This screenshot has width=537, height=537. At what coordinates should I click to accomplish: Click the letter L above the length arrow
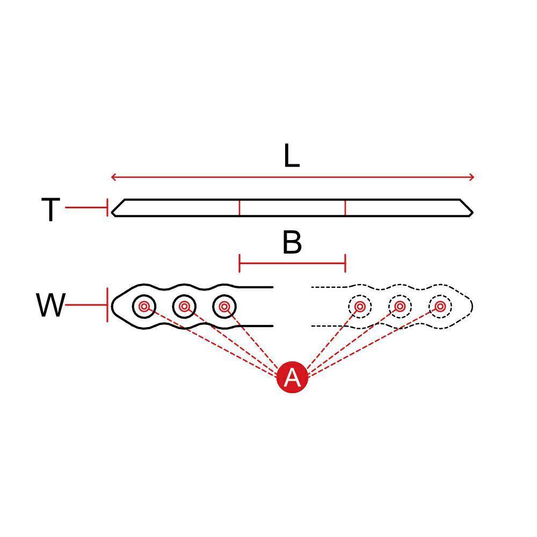(x=292, y=156)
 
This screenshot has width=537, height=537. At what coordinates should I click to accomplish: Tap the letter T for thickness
(x=50, y=209)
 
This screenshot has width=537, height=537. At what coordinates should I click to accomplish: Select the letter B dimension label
(x=292, y=243)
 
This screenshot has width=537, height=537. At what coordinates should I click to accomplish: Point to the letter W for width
(x=50, y=305)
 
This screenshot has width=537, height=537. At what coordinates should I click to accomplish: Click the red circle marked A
(x=292, y=377)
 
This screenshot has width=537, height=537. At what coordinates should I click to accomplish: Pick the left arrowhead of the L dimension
(x=114, y=177)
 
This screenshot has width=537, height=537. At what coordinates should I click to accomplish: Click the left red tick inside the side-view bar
(x=240, y=208)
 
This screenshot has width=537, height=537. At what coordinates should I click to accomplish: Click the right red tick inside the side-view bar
(x=345, y=208)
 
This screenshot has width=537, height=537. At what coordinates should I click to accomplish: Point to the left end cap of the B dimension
(x=240, y=263)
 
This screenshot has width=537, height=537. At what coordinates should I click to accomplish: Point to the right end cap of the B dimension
(x=345, y=263)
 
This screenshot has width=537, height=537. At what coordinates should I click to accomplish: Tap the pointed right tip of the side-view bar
(x=473, y=212)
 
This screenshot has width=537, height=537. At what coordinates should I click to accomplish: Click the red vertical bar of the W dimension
(x=107, y=305)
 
